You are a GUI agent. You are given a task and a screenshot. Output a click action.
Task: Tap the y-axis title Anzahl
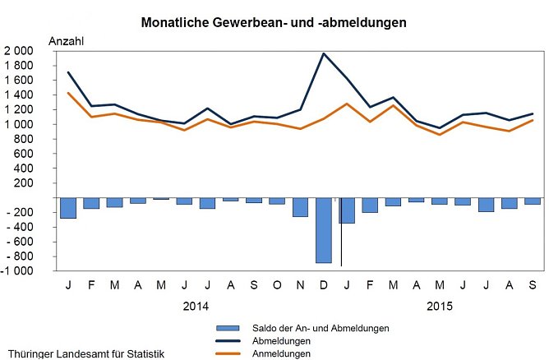coord(67,41)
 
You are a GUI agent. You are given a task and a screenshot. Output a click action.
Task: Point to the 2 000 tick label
coord(18,51)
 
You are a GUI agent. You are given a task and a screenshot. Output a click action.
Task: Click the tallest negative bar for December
coord(323,231)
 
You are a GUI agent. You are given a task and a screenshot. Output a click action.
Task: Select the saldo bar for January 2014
coord(67,208)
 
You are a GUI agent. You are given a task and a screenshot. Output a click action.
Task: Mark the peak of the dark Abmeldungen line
coord(323,53)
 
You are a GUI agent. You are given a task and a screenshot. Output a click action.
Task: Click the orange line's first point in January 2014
coord(67,93)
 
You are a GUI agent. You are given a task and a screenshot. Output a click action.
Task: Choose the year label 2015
coord(440,306)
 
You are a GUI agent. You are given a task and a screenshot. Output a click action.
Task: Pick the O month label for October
coord(277,284)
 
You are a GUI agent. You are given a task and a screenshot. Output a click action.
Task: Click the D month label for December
coord(323,284)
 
